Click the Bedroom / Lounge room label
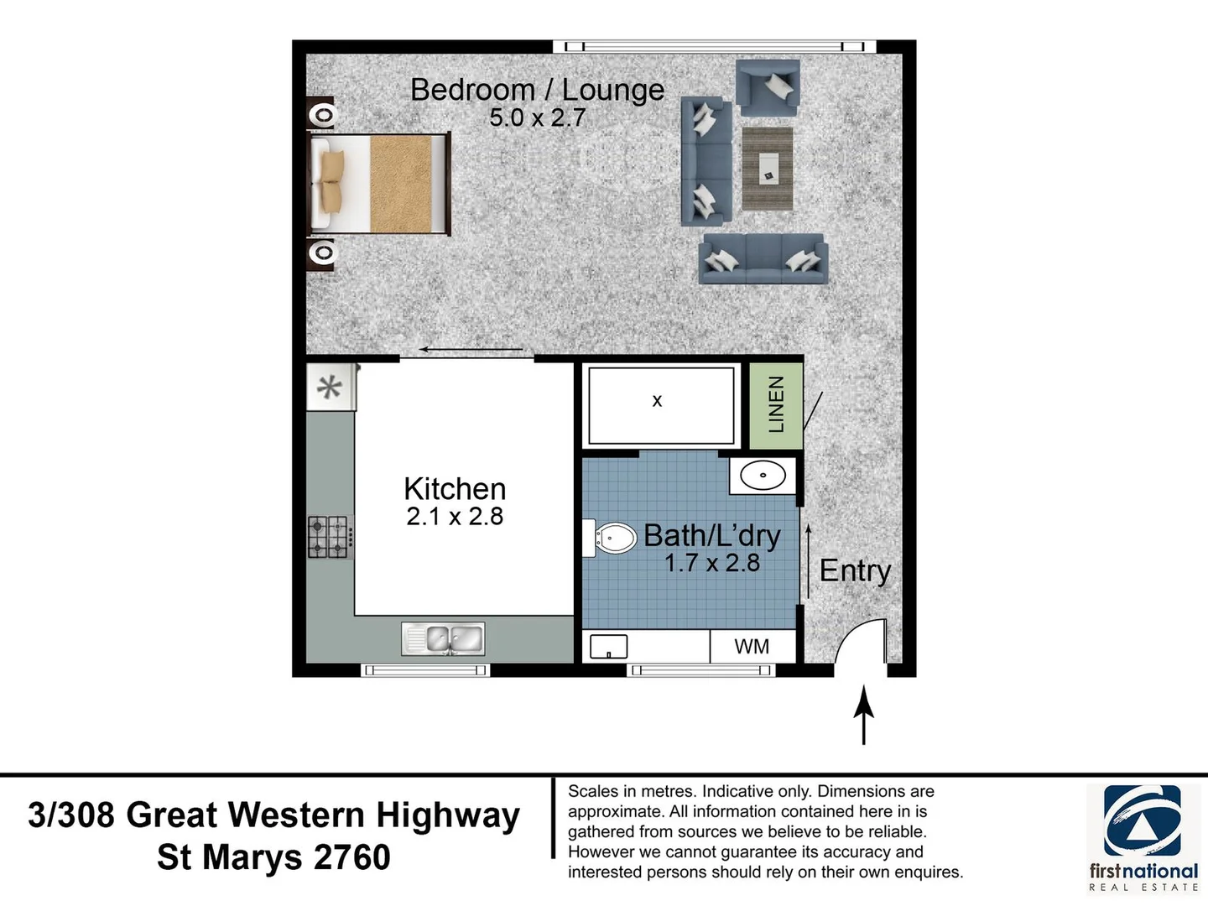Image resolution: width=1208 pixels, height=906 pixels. (537, 90)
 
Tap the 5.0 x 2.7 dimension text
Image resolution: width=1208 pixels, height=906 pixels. (537, 118)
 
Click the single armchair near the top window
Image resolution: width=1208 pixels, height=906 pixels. (768, 87)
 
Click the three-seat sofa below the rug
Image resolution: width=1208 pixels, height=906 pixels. (763, 258)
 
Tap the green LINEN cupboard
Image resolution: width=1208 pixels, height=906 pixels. (775, 404)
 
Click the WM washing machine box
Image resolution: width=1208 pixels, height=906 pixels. (752, 647)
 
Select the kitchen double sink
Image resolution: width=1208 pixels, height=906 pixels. (443, 640)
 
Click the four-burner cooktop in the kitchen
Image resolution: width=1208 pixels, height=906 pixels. (329, 537)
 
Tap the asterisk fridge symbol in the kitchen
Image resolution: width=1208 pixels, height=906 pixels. (330, 387)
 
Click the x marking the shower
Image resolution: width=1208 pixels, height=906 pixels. (657, 401)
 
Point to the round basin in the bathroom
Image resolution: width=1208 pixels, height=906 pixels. (763, 476)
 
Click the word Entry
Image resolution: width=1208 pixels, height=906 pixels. (855, 570)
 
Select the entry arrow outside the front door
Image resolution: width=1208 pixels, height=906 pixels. (863, 715)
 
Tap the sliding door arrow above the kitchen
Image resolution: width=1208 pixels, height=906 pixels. (471, 350)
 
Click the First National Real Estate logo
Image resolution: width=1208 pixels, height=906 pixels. (1143, 837)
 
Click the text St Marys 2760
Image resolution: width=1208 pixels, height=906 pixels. (273, 857)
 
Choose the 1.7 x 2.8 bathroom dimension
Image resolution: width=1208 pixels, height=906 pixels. (711, 563)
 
